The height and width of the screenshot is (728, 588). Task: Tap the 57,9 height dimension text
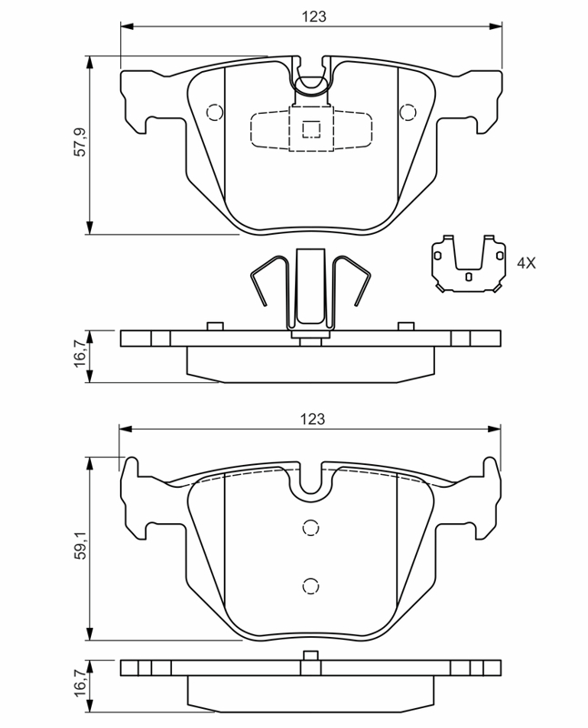point(80,144)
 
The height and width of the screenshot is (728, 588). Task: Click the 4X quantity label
point(526,263)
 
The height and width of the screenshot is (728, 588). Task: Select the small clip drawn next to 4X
point(468,265)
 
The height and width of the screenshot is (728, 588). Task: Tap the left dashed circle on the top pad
point(215,113)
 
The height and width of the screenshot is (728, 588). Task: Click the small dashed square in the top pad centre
point(311,128)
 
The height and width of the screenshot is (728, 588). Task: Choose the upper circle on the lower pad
point(311,527)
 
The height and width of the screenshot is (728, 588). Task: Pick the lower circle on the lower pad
point(311,585)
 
